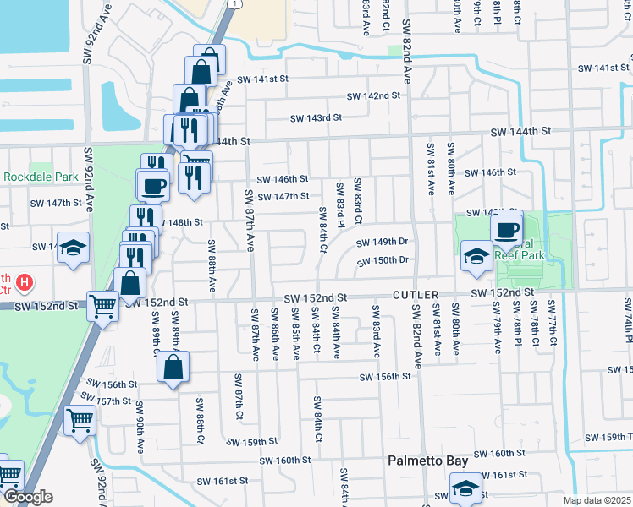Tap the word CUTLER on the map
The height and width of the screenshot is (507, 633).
coord(414,297)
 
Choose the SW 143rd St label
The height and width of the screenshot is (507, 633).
coord(316,118)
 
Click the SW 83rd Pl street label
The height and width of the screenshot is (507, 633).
coord(340,204)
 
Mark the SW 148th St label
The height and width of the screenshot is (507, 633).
coord(179,222)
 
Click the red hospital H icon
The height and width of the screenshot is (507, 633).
coord(25,281)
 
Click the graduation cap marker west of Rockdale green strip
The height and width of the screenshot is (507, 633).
coord(74,248)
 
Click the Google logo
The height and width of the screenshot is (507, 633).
coord(27,498)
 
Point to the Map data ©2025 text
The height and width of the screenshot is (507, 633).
coord(597,500)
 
